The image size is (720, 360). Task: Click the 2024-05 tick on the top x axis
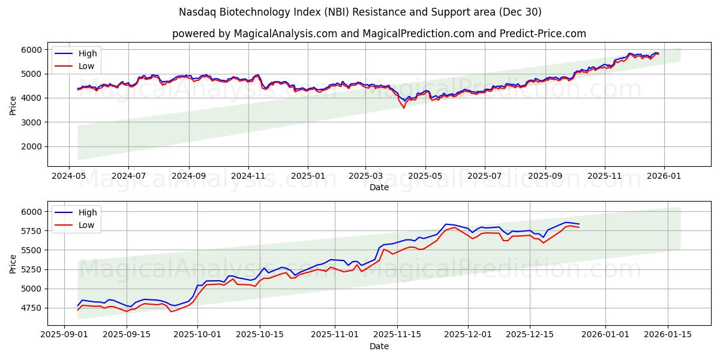click(69, 176)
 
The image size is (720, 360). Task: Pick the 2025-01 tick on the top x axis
click(307, 176)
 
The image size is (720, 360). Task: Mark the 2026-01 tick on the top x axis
click(664, 176)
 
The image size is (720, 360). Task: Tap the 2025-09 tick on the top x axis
click(545, 176)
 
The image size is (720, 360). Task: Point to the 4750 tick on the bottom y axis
click(32, 308)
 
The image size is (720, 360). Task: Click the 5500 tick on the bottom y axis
click(32, 250)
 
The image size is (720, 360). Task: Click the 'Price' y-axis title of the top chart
click(13, 104)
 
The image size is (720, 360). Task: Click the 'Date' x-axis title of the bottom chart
click(379, 346)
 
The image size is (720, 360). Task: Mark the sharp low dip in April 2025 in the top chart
click(403, 108)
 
